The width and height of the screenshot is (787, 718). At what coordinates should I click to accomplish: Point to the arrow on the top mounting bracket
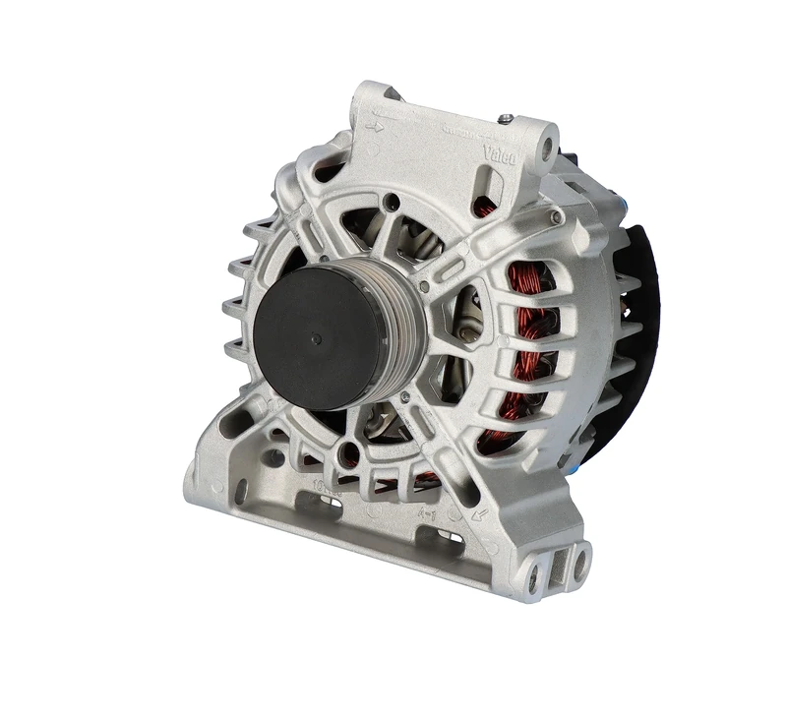click(x=374, y=126)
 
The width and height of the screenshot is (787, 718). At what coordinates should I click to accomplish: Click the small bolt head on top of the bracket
click(x=506, y=119)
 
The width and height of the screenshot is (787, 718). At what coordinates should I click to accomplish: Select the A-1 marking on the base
click(x=429, y=512)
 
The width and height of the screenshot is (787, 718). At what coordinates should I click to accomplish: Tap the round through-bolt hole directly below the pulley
click(x=348, y=454)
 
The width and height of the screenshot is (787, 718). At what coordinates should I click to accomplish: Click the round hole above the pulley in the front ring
click(x=393, y=205)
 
